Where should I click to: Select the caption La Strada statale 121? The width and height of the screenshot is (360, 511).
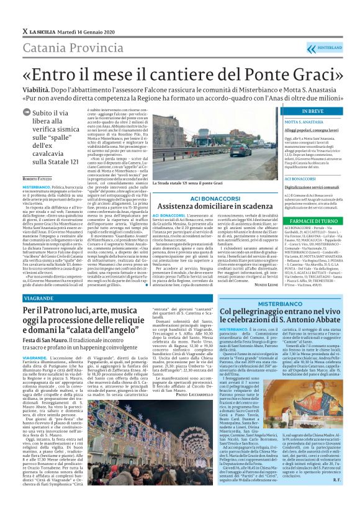(182, 183)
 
